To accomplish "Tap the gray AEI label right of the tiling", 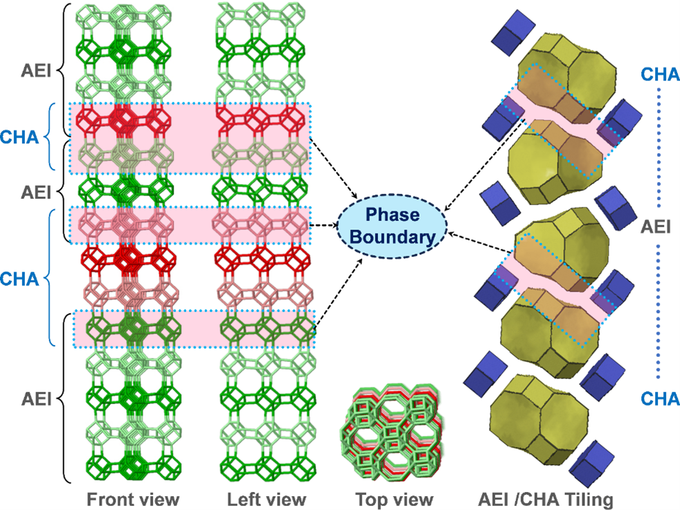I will coord(655,227).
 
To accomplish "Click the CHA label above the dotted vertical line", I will coord(655,73).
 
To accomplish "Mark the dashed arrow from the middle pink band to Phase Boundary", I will coord(323,225).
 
